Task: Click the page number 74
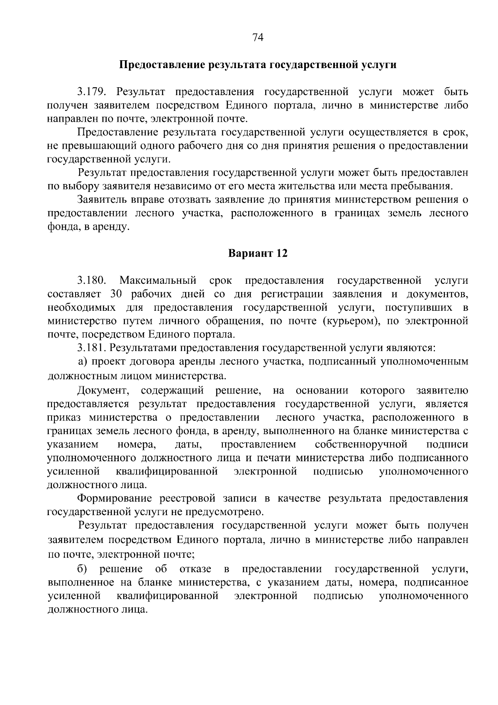pos(258,38)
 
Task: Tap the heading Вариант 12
pos(258,253)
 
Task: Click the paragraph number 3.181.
pos(92,348)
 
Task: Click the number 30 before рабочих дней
pos(117,294)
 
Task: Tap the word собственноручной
pos(361,445)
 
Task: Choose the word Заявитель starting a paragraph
pos(103,200)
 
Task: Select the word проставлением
pos(258,445)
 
